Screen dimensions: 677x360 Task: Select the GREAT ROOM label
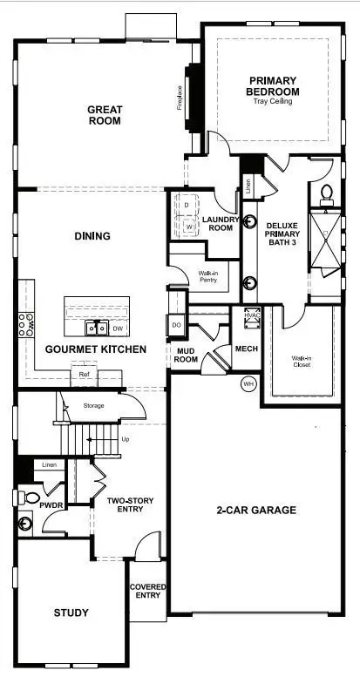click(x=104, y=115)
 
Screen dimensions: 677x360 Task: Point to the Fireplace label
click(x=180, y=97)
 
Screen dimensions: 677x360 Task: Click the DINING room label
click(x=92, y=236)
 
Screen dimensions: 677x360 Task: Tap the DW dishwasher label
click(x=117, y=328)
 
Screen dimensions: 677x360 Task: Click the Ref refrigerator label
click(x=85, y=375)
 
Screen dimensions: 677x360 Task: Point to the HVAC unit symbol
click(x=253, y=319)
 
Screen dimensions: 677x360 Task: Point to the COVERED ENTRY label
click(x=148, y=593)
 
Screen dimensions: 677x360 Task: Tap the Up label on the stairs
click(x=126, y=438)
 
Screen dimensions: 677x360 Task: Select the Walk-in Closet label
click(x=302, y=361)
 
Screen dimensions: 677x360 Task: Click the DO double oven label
click(x=175, y=324)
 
